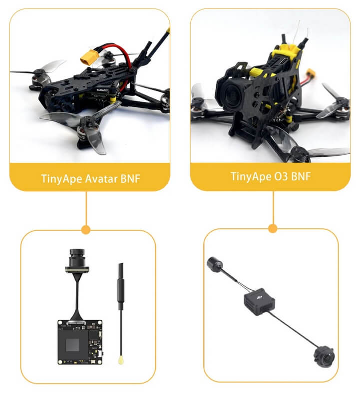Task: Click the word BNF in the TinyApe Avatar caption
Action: tap(130, 179)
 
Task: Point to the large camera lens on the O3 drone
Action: tap(232, 95)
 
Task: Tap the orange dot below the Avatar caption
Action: tap(86, 230)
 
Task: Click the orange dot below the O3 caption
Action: tap(273, 229)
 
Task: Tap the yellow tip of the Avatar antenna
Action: tap(121, 360)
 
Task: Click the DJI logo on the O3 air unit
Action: tap(259, 297)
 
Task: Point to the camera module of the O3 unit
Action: tap(324, 356)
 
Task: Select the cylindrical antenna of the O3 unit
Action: tap(215, 264)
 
